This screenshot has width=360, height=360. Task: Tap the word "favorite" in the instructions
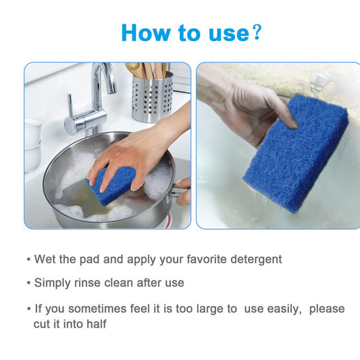coord(190,259)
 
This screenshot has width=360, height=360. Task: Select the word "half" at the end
coord(96,324)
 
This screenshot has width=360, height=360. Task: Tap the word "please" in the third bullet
coord(327,309)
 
